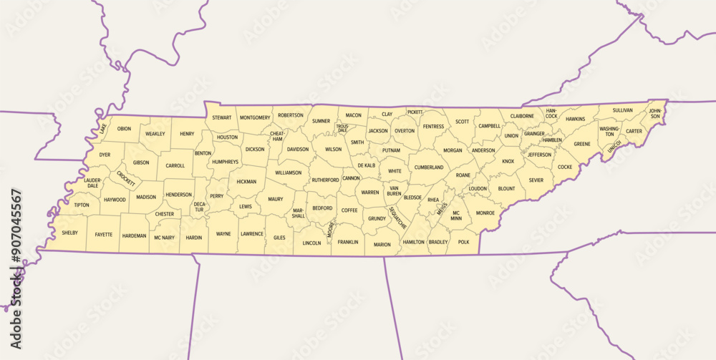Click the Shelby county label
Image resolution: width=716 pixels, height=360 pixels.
point(70,233)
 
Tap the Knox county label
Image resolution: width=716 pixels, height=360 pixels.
point(508,161)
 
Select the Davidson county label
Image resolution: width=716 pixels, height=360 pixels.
point(298,150)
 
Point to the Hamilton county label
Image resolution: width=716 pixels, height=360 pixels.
point(414,242)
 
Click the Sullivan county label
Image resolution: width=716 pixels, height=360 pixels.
point(623,110)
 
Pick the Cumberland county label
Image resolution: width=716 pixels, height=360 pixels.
point(429,167)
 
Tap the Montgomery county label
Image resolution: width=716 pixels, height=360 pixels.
point(255,117)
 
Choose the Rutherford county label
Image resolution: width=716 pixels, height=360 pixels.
point(325,180)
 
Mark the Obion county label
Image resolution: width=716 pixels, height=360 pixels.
point(125,129)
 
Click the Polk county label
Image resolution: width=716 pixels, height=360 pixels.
point(463,242)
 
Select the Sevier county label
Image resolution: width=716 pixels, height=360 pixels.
point(536,181)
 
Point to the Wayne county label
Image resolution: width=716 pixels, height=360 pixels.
point(223,233)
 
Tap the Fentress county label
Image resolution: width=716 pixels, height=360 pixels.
point(433,127)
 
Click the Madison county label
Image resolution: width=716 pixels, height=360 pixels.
point(146,197)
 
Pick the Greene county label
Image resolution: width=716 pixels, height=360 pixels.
point(582,144)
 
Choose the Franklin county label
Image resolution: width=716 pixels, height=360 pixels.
point(348,242)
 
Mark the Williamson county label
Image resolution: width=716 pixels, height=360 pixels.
point(289,172)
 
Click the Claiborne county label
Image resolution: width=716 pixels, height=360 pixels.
point(522,116)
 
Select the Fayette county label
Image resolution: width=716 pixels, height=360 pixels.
point(104,234)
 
